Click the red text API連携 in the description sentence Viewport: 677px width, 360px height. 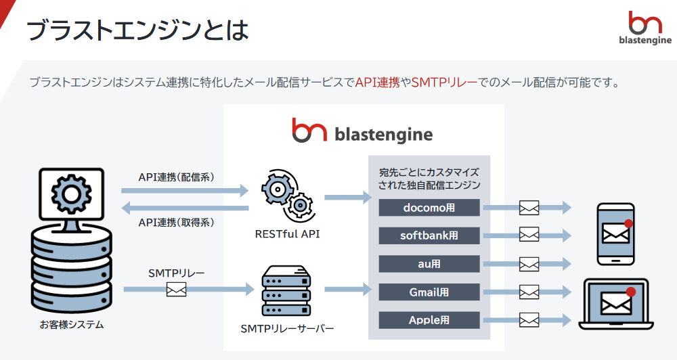(377, 83)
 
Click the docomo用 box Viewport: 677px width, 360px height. (429, 208)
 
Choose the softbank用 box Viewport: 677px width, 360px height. (429, 235)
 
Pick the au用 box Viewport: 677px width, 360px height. (429, 264)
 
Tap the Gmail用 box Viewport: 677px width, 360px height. (429, 292)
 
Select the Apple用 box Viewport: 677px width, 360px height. (429, 320)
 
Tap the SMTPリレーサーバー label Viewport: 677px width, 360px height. (287, 329)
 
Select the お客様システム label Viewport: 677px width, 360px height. (72, 325)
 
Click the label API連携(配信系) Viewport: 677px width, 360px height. (177, 177)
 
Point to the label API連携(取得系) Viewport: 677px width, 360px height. (177, 222)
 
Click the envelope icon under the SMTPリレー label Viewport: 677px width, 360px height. (176, 290)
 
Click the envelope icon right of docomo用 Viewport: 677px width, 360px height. (529, 208)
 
